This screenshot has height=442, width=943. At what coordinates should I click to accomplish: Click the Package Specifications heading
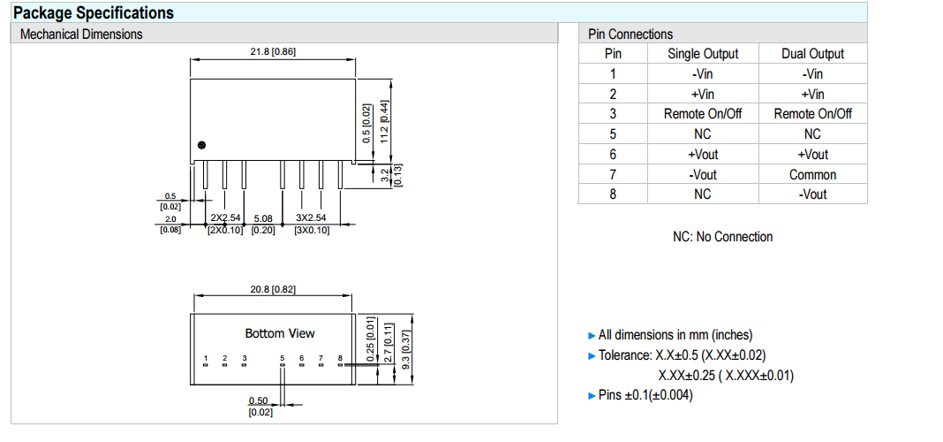coord(94,12)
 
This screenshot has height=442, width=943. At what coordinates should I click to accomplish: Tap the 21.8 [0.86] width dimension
coord(273,51)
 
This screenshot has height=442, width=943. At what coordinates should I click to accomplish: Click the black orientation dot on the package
coord(202,145)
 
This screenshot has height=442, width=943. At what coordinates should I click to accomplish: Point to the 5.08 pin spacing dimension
coord(263,217)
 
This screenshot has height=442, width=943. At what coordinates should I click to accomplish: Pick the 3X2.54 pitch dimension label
coord(311,217)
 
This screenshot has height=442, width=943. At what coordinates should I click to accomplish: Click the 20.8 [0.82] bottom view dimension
coord(273,290)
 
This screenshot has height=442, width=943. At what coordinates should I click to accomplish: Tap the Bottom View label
coord(280,333)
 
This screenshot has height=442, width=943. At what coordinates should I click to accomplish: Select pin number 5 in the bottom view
coord(283,358)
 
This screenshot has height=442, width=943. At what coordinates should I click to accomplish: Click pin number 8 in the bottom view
coord(340,358)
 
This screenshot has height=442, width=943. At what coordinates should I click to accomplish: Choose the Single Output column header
coord(703,54)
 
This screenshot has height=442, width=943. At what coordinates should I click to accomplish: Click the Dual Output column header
coord(812,54)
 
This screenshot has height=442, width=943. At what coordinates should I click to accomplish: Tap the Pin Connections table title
coord(630,34)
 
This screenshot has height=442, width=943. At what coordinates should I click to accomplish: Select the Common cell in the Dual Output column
coord(812,174)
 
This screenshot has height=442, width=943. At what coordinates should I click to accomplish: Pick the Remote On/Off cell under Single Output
coord(703,114)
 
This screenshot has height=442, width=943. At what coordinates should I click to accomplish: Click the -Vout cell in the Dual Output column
coord(812,194)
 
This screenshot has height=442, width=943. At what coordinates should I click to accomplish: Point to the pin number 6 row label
coord(613,154)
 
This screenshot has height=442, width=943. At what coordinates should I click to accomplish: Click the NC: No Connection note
coord(722,237)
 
